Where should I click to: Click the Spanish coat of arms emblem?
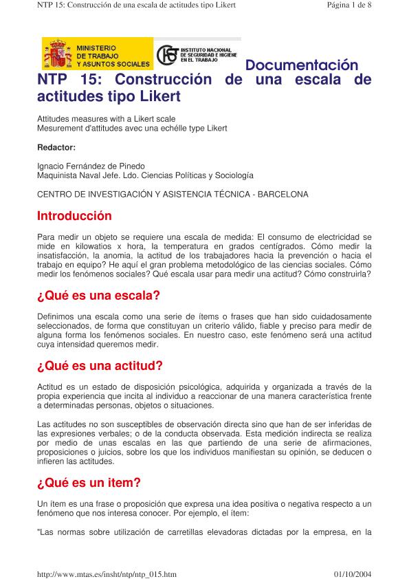[x=58, y=54]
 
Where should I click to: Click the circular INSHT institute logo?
[x=168, y=56]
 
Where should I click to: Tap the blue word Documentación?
[x=302, y=66]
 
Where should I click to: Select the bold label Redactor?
[x=56, y=146]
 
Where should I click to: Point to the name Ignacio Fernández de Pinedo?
[x=91, y=166]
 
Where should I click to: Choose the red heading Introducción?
[x=74, y=216]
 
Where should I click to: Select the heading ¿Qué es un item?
[x=89, y=483]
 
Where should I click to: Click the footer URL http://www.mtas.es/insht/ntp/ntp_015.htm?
[x=107, y=572]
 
